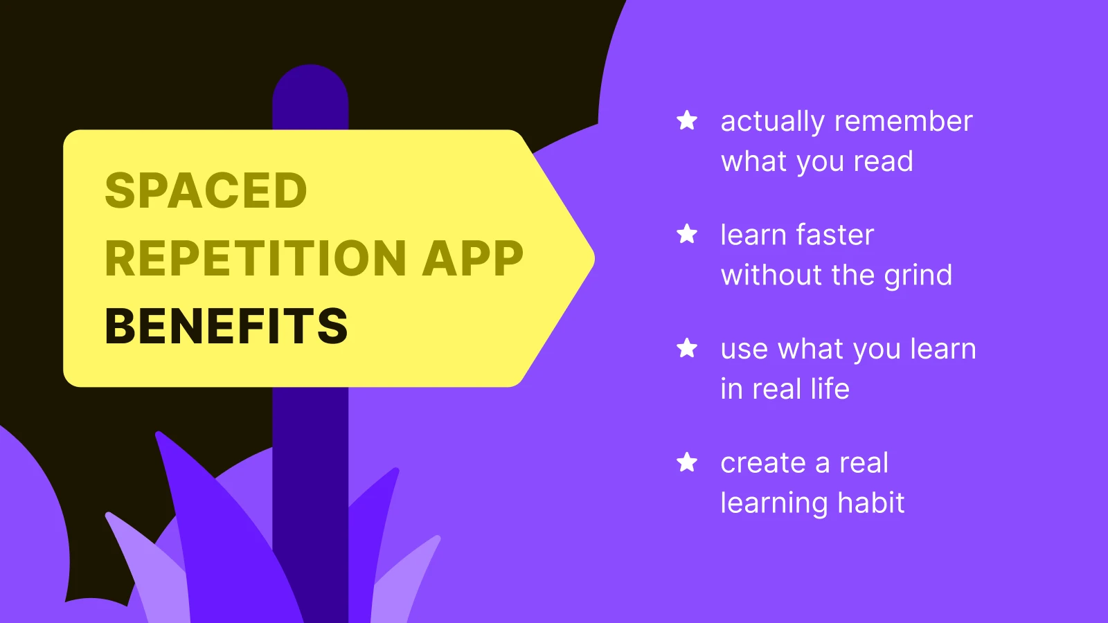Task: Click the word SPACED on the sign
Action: tap(206, 190)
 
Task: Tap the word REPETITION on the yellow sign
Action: tap(256, 258)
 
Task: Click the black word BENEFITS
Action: tap(226, 326)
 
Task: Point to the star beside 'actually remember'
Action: tap(687, 120)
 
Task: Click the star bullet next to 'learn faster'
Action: tap(687, 234)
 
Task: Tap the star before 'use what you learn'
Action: tap(687, 347)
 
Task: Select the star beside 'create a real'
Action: tap(687, 462)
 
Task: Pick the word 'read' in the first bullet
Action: tap(883, 161)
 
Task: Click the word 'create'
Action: tap(763, 462)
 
